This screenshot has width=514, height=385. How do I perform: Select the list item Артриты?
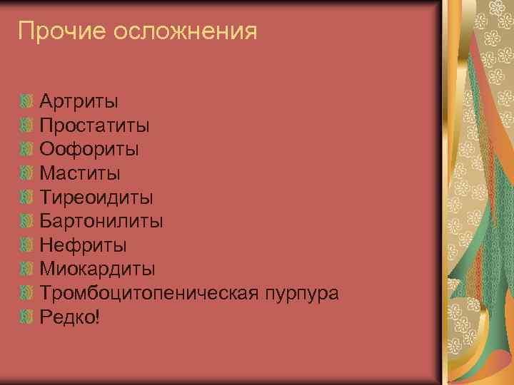click(79, 101)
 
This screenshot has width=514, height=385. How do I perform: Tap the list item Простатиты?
click(94, 125)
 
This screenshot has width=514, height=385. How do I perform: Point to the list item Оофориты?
click(89, 149)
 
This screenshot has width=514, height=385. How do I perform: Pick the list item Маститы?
click(80, 173)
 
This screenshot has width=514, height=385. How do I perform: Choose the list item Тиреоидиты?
click(96, 197)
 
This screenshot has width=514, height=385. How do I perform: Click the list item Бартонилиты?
click(101, 221)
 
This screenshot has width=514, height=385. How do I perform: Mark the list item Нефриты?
click(84, 245)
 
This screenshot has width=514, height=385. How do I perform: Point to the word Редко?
click(70, 317)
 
